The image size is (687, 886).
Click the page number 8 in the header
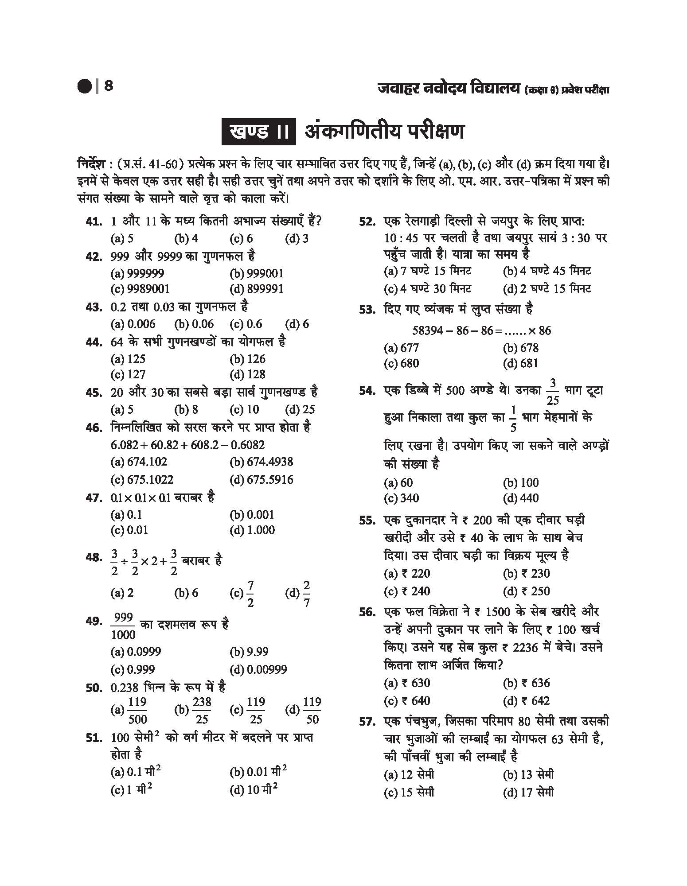point(109,85)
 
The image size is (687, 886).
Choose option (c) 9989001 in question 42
point(140,289)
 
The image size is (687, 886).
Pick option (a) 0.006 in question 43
point(133,324)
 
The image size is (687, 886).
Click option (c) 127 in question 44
point(128,374)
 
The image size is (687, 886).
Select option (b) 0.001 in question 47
point(252,515)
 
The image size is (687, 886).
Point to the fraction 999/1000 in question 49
point(123,626)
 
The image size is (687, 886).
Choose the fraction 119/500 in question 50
point(137,710)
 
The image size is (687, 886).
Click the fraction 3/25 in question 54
point(553,392)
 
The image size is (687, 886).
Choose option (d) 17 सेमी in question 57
point(528,792)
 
